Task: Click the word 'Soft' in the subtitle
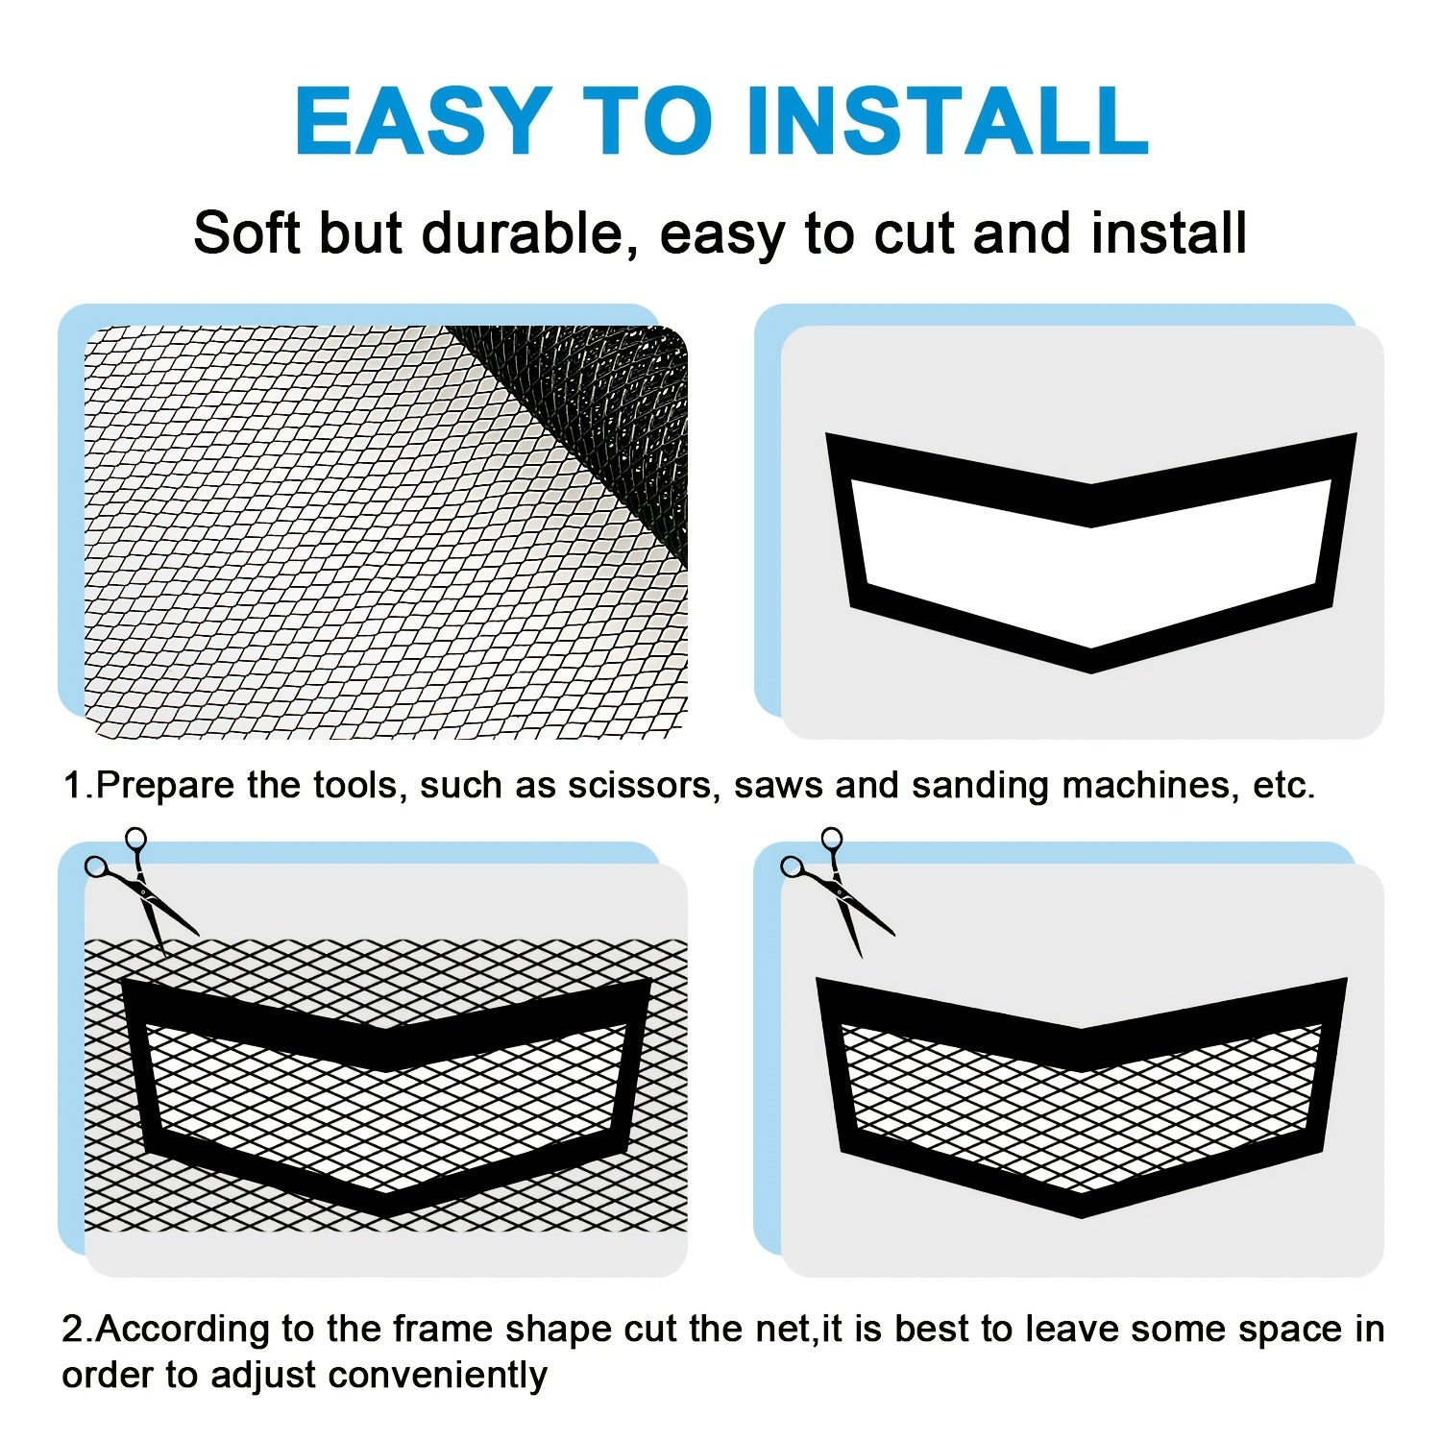coord(247,233)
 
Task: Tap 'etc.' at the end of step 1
coord(1283,786)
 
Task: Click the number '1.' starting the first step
coord(77,786)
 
